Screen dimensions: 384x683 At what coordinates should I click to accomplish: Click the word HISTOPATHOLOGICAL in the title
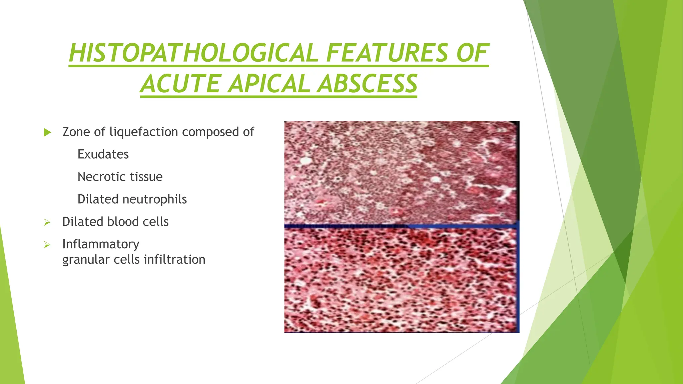tap(193, 53)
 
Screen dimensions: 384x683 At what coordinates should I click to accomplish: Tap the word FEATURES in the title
tap(387, 53)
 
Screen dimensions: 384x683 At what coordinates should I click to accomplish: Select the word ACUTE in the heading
tap(180, 84)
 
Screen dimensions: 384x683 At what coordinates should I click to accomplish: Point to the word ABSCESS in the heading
tap(367, 84)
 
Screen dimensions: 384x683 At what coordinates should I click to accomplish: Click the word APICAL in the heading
tap(271, 84)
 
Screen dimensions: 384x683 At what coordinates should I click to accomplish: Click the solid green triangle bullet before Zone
tap(47, 132)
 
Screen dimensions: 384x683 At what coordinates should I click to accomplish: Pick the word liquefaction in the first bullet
tap(144, 132)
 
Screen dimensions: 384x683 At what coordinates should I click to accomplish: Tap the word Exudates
tap(103, 154)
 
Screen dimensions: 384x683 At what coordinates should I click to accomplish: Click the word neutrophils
tap(155, 199)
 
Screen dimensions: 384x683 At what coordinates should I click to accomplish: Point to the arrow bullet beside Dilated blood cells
tap(47, 222)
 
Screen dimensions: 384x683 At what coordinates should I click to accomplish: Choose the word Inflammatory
tap(101, 244)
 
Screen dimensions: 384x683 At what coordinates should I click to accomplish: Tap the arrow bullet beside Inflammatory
tap(47, 245)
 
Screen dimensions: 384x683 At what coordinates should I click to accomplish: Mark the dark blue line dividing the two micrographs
tap(400, 226)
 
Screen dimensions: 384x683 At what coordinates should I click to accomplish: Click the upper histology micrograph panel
tap(400, 172)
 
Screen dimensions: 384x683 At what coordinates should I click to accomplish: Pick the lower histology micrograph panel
tap(400, 280)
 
